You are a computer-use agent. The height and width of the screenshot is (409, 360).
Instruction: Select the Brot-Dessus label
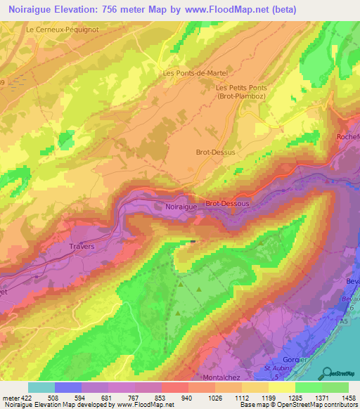(x=212, y=151)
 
